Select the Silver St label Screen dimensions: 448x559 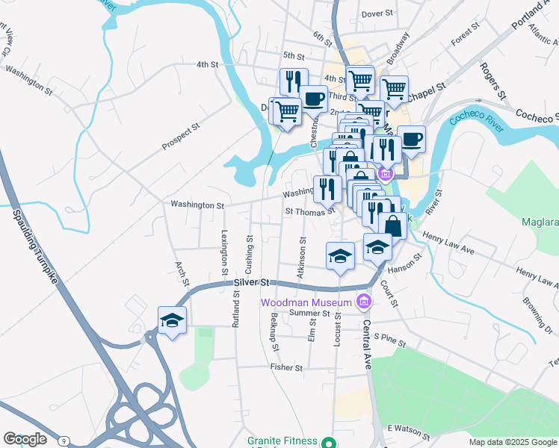[x=250, y=283]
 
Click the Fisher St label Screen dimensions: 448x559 [x=286, y=368]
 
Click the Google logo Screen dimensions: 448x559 [x=25, y=438]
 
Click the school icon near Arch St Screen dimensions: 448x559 [x=172, y=321]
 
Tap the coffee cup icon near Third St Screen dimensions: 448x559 [x=314, y=98]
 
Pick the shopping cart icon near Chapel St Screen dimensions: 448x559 [x=394, y=89]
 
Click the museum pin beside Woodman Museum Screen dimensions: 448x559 [x=364, y=302]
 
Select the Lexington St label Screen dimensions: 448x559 [x=223, y=246]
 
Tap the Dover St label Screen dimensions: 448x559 [x=377, y=14]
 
